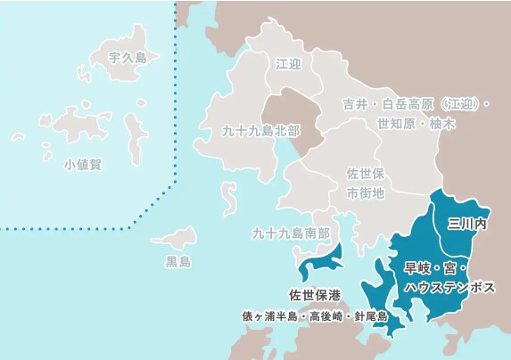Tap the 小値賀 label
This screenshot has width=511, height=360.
click(x=83, y=165)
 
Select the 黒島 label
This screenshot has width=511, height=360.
click(x=178, y=262)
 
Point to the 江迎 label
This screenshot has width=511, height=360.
click(x=289, y=64)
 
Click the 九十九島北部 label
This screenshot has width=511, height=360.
click(x=260, y=131)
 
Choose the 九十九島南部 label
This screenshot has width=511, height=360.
click(x=291, y=234)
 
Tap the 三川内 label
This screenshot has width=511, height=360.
click(x=466, y=223)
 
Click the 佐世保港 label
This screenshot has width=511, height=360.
click(x=315, y=295)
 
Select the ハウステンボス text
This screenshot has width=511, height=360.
click(x=449, y=287)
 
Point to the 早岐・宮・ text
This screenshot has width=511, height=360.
click(x=436, y=268)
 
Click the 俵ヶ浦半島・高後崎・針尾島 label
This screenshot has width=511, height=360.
click(x=314, y=315)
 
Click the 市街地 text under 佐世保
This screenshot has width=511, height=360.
click(x=364, y=192)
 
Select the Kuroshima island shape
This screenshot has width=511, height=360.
click(x=175, y=238)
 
